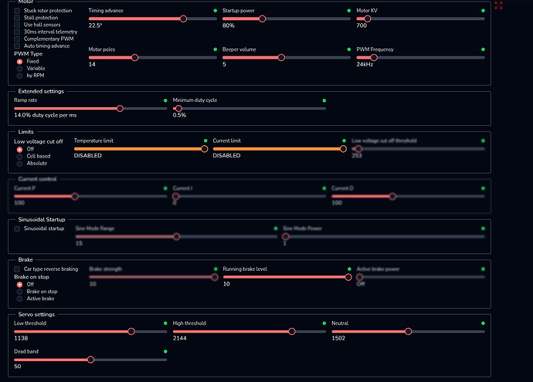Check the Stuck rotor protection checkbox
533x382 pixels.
coord(18,11)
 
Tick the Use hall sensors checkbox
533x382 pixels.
coord(18,25)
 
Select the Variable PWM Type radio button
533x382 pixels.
coord(20,68)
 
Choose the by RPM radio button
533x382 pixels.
coord(20,76)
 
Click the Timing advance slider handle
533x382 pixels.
coord(183,19)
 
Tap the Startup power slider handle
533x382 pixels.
coord(263,19)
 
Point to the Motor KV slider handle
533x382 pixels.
coord(367,19)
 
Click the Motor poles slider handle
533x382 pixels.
coord(135,57)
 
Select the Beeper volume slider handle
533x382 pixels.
coord(280,57)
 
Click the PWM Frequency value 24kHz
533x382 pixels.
coord(365,64)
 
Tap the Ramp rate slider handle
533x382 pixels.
coord(120,108)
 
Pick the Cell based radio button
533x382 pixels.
coord(20,156)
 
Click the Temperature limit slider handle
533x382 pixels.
coord(204,149)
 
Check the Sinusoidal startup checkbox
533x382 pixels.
coord(18,228)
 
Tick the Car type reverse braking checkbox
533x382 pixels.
coord(18,269)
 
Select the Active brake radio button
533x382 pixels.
coord(20,299)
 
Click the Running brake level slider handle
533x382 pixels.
coord(348,277)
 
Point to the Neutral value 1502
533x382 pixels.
coord(339,338)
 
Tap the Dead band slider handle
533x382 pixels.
coord(91,360)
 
